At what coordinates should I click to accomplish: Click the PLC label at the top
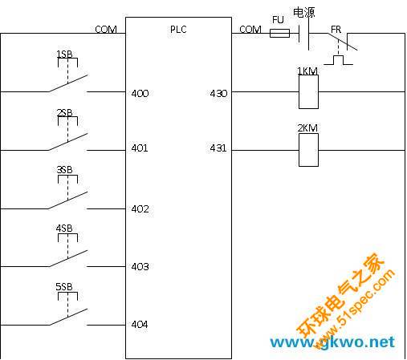point(178,29)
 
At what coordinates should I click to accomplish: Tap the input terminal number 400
point(140,94)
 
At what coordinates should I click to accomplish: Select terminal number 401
point(140,148)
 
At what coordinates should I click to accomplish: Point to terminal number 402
point(140,208)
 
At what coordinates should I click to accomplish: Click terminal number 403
point(140,267)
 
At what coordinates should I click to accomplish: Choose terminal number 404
point(140,325)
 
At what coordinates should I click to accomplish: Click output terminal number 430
point(218,94)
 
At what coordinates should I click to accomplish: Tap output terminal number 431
point(218,148)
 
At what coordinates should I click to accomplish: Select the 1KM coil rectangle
point(308,91)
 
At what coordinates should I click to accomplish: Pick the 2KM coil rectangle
point(308,150)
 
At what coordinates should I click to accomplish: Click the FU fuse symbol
point(279,33)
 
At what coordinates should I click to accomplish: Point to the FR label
point(336,30)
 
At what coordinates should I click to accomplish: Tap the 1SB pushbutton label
point(64,55)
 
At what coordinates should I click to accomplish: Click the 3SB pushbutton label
point(64,170)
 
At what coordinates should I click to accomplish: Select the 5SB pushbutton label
point(64,287)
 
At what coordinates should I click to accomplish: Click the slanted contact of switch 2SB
point(68,142)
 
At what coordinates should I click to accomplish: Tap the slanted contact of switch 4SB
point(68,258)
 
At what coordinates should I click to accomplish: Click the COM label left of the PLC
point(106,29)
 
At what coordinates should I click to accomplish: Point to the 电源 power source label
point(304,13)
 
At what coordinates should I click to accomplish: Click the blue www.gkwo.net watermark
point(332,342)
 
